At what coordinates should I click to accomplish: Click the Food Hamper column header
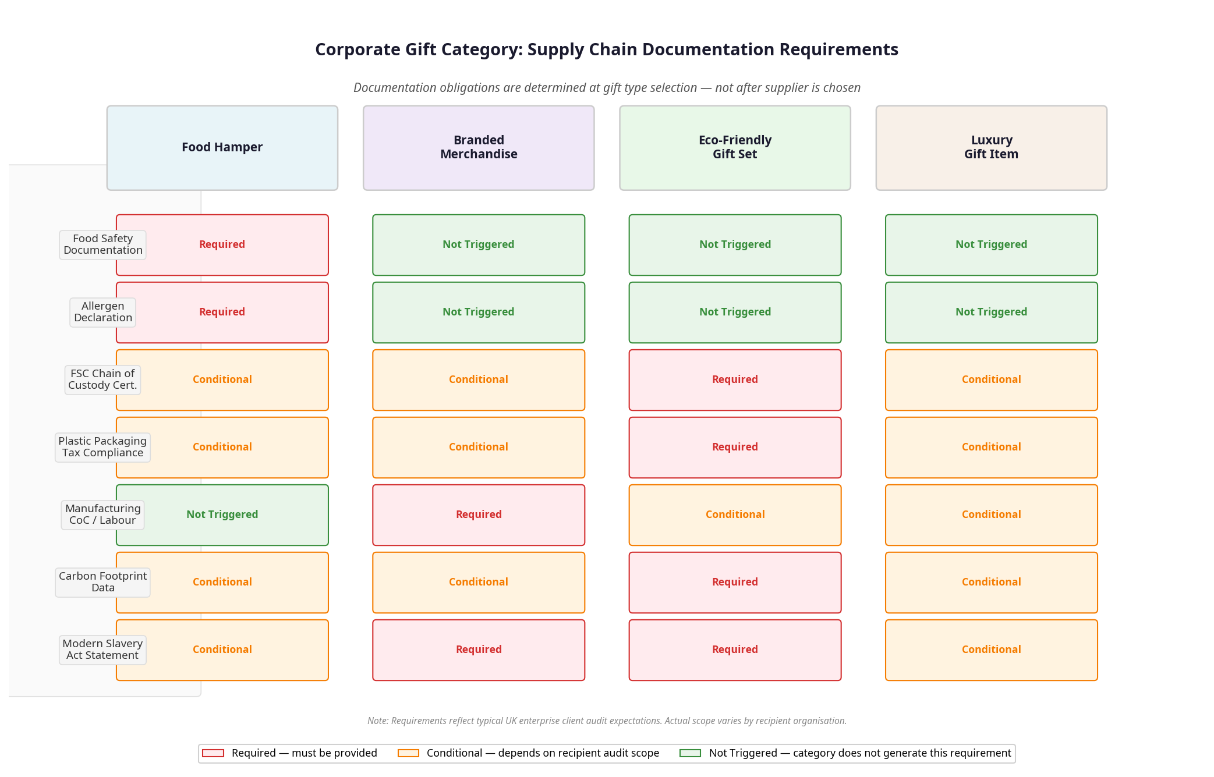[222, 147]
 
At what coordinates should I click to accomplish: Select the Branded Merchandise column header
[479, 147]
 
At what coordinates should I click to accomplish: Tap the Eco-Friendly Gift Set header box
[735, 147]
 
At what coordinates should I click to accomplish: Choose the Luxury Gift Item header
[991, 147]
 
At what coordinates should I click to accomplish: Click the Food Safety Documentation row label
[102, 244]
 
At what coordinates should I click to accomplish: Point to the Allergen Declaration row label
[102, 312]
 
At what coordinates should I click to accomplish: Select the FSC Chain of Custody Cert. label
[102, 379]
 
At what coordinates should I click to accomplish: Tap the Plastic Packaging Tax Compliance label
[102, 447]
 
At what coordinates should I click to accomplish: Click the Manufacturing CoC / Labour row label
[102, 515]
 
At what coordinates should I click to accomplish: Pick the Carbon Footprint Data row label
[102, 582]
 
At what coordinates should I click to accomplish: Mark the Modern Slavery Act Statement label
[102, 650]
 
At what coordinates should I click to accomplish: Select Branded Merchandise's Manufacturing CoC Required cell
[479, 515]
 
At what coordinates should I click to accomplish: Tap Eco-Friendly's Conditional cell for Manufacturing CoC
[735, 515]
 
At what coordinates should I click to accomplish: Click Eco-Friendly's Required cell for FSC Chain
[735, 379]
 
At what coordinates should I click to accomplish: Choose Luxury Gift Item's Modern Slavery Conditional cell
[991, 650]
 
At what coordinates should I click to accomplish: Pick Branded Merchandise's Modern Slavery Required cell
[479, 650]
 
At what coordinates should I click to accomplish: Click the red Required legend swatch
[213, 753]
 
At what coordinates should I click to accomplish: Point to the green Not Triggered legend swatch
[690, 753]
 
